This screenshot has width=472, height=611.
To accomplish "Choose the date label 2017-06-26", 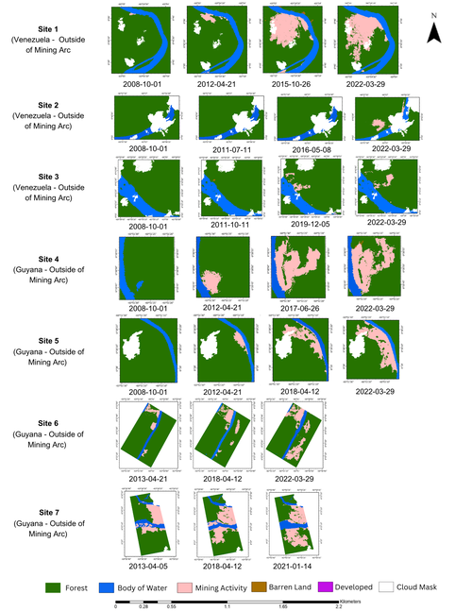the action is pyautogui.click(x=298, y=308).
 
